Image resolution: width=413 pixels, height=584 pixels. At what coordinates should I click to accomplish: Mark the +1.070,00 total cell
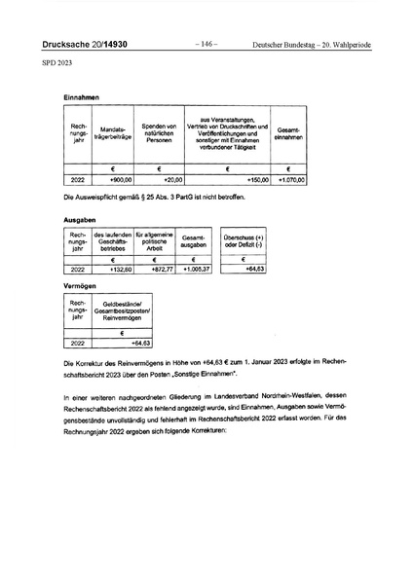[290, 180]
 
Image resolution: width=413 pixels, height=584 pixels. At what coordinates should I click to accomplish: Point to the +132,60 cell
[117, 268]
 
